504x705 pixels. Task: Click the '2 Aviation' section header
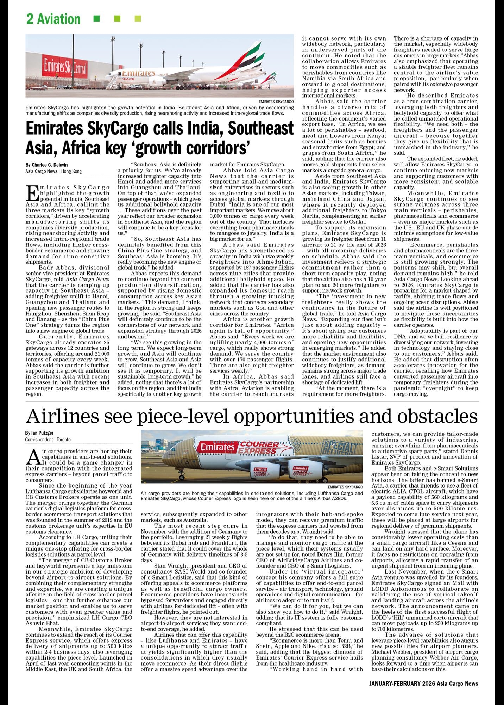(x=53, y=19)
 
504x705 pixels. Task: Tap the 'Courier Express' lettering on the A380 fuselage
(x=258, y=448)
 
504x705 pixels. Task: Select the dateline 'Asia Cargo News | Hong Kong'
(x=53, y=171)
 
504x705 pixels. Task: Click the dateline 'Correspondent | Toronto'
(x=48, y=440)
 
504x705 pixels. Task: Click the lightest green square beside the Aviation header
(x=138, y=19)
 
